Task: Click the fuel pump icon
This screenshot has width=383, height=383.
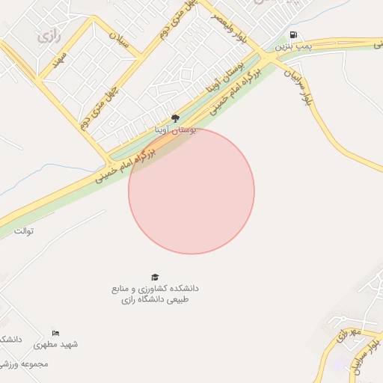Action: (x=292, y=34)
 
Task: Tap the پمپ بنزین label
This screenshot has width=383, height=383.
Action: (x=292, y=46)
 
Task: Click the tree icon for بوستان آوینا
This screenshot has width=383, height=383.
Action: (x=175, y=118)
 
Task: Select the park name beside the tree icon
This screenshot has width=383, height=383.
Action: (x=175, y=130)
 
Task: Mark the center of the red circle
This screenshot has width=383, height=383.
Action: (x=191, y=191)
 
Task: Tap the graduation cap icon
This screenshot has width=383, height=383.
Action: (x=155, y=277)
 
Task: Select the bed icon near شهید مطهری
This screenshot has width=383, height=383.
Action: (x=55, y=333)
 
